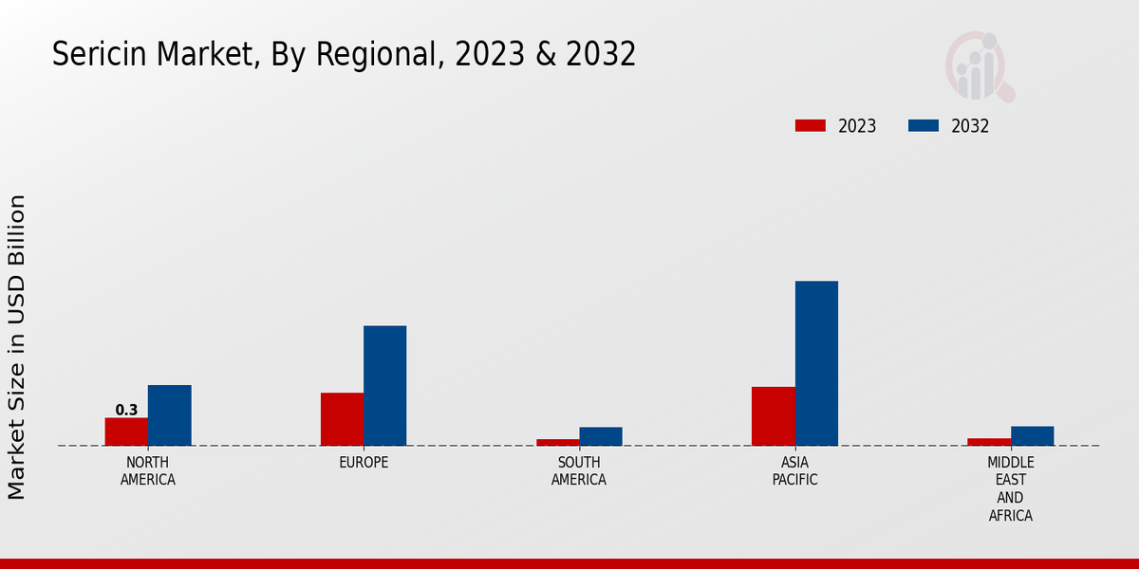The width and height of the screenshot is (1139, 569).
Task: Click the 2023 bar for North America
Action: coord(126,431)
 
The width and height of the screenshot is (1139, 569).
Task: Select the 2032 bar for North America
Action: coord(169,415)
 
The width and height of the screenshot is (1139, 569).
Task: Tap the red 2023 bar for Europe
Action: coord(342,419)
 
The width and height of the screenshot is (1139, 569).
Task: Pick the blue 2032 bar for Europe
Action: coord(384,386)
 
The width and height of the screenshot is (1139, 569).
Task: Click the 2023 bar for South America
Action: coord(557,442)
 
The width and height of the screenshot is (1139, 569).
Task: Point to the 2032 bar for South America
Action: coord(601,436)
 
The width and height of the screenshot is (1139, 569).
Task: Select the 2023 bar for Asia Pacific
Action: coord(773,416)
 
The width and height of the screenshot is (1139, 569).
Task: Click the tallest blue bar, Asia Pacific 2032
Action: coord(816,363)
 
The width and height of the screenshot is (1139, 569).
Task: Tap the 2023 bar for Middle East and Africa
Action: coord(989,442)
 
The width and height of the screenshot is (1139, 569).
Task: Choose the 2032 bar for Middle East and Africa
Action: coord(1032,436)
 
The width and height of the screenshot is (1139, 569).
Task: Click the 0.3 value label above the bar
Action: coord(126,411)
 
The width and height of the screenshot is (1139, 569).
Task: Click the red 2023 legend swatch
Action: coord(810,126)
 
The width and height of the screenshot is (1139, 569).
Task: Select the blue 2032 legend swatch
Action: coord(924,126)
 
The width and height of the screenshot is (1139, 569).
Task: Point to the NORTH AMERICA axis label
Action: coord(148,471)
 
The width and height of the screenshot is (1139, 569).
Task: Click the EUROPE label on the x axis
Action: coord(364,463)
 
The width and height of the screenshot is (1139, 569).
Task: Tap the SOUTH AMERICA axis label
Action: coord(579,471)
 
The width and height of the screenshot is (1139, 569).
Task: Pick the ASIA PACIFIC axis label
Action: coord(794,471)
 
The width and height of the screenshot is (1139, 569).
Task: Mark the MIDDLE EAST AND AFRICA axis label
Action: coord(1010,489)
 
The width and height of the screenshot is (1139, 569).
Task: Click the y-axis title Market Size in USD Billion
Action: coord(17,346)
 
